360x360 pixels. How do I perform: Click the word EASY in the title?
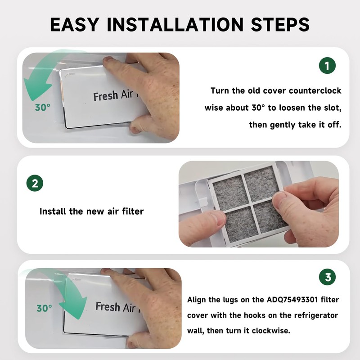coord(75,24)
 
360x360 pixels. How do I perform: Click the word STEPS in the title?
coord(280,24)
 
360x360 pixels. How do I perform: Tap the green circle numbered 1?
coord(328,66)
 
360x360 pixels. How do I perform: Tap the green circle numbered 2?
coord(35,183)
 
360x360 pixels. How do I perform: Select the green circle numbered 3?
coord(328,277)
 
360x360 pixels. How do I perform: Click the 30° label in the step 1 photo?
coord(42,107)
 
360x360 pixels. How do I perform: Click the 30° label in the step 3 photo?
coord(44,308)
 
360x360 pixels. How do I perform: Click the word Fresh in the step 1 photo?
coord(106,96)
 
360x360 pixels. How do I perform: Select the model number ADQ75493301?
coord(292,300)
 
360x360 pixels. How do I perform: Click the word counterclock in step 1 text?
coord(315,91)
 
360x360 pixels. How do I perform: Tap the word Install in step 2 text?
coord(53,211)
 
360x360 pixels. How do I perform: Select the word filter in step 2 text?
coord(133,211)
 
